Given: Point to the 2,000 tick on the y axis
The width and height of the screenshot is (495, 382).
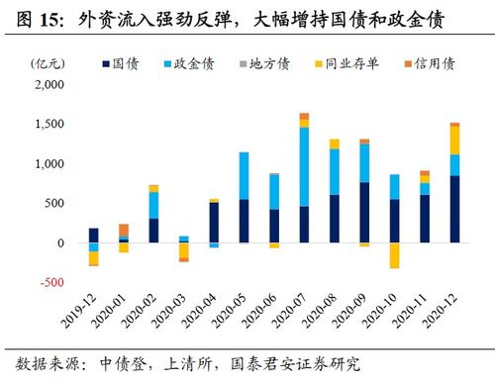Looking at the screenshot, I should click(x=47, y=85).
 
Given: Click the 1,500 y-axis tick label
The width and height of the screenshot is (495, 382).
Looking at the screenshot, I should click(x=47, y=125).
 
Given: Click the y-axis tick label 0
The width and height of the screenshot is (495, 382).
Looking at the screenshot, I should click(x=59, y=243).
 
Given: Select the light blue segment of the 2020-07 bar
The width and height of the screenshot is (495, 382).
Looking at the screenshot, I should click(x=304, y=166).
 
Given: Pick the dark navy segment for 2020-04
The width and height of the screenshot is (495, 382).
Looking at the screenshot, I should click(x=214, y=223).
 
